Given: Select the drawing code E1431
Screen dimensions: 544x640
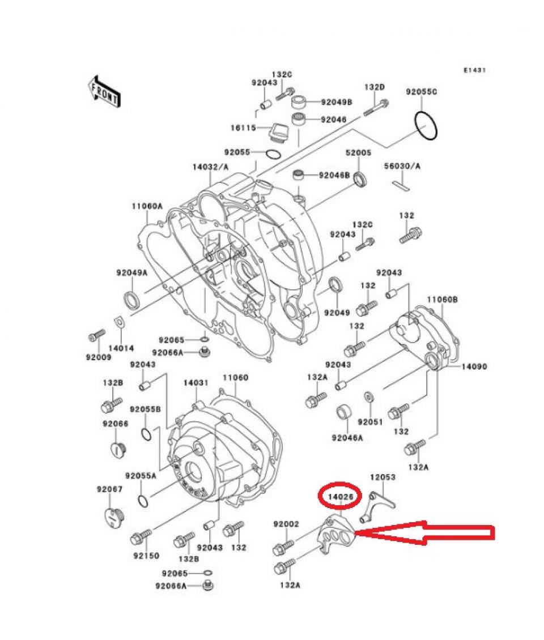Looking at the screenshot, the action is [475, 70].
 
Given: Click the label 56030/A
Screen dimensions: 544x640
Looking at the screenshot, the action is [403, 167].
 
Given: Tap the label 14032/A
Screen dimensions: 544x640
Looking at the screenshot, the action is [210, 167].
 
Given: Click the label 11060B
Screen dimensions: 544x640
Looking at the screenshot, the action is [443, 298].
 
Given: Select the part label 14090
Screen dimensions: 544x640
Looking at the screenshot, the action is [474, 366].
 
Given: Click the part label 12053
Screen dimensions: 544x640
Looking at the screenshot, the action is [382, 477].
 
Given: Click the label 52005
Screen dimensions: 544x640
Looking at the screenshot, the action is [358, 153].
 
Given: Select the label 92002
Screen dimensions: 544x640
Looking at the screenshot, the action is [286, 524].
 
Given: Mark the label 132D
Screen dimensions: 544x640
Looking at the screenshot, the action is [374, 87].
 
